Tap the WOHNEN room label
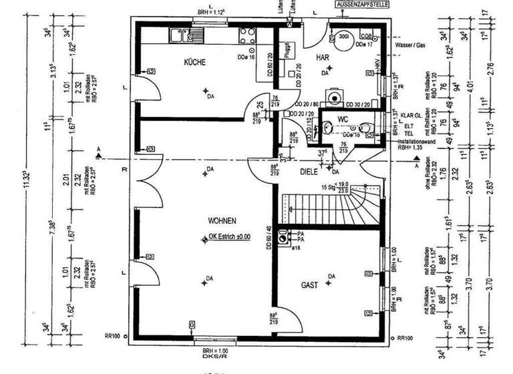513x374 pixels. coord(222,220)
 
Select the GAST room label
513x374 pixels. coord(309,285)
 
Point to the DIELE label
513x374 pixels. coord(309,171)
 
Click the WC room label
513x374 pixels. coord(344,120)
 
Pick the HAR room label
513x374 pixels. coord(324,58)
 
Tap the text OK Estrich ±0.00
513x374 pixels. coord(229,236)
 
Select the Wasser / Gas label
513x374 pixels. coord(411,45)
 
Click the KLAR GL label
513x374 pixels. coord(409,114)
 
